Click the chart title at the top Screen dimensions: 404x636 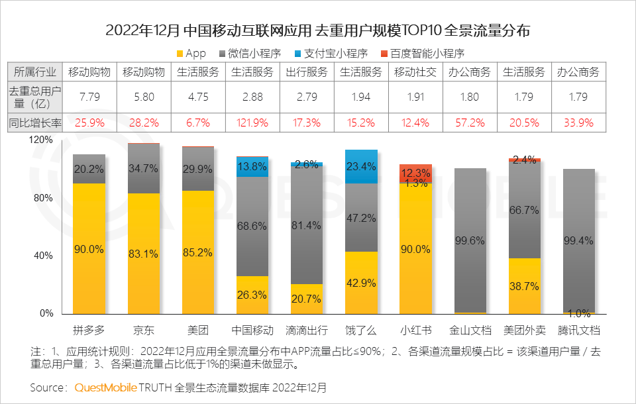point(318,31)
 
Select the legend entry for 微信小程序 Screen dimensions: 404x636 point(254,54)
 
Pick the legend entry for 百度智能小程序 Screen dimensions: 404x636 point(427,54)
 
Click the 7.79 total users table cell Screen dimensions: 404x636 point(89,97)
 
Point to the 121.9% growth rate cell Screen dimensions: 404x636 point(252,123)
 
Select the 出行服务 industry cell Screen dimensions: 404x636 point(307,72)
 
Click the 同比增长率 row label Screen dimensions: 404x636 point(34,123)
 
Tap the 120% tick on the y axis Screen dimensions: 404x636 point(42,140)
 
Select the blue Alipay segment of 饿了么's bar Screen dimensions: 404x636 point(361,166)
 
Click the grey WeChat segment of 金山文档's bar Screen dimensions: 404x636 point(470,240)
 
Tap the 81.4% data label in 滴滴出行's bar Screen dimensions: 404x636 point(307,226)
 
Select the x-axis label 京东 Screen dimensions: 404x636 point(144,330)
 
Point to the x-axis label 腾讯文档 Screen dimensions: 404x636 point(578,330)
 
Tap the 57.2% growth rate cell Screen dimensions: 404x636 point(470,123)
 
